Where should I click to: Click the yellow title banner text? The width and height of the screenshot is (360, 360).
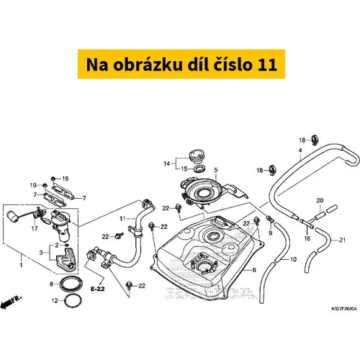click(181, 64)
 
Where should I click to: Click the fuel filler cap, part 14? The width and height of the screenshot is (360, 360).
click(197, 156)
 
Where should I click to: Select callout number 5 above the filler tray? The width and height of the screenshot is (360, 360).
click(216, 170)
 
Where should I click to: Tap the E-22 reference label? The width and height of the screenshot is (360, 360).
click(98, 289)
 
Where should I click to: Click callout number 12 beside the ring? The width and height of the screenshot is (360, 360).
click(55, 300)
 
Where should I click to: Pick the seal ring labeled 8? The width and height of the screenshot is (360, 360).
click(71, 284)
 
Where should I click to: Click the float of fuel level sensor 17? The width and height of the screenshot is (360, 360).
click(14, 216)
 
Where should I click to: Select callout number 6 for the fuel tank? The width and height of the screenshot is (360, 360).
click(254, 270)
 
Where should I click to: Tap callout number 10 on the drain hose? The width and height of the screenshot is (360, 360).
click(293, 259)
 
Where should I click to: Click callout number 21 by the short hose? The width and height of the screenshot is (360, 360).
click(342, 240)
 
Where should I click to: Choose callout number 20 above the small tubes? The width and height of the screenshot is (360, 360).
click(320, 200)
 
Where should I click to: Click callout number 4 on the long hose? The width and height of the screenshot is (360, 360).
click(300, 150)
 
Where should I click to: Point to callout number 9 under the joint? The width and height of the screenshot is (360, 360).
click(271, 233)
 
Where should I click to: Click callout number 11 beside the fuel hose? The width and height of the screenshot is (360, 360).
click(122, 219)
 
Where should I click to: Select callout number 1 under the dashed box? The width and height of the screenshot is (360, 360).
click(21, 265)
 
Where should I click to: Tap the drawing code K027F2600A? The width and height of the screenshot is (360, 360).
click(344, 309)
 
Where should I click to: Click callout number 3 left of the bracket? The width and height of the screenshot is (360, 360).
click(41, 253)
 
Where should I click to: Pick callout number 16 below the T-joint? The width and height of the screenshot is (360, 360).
click(307, 238)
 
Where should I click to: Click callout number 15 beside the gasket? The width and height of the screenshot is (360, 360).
click(184, 169)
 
